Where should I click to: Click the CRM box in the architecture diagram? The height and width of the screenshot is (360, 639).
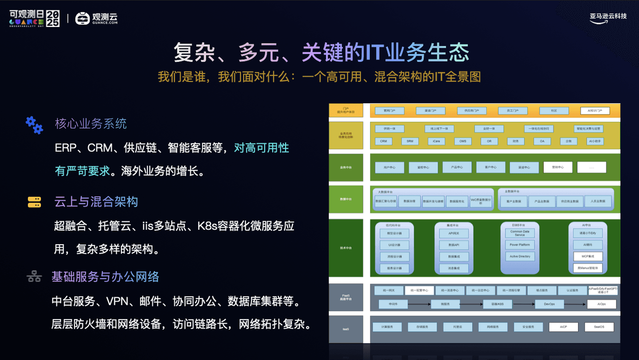pyautogui.click(x=383, y=141)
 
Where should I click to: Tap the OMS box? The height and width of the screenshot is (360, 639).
pyautogui.click(x=463, y=141)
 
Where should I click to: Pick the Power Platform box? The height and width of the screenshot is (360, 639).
pyautogui.click(x=520, y=245)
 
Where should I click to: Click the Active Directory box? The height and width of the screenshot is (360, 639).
pyautogui.click(x=520, y=256)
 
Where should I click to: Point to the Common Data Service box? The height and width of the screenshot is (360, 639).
pyautogui.click(x=520, y=233)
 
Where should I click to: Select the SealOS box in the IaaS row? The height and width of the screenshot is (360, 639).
pyautogui.click(x=599, y=327)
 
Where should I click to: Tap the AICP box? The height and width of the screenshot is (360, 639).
pyautogui.click(x=563, y=327)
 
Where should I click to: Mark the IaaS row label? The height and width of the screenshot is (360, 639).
pyautogui.click(x=345, y=329)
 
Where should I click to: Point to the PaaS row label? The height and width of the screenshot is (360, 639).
pyautogui.click(x=345, y=297)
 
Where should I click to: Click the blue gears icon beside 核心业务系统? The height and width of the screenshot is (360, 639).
pyautogui.click(x=34, y=124)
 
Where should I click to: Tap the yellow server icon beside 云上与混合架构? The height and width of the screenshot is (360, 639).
pyautogui.click(x=34, y=202)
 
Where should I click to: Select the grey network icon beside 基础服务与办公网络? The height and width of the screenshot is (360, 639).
pyautogui.click(x=34, y=276)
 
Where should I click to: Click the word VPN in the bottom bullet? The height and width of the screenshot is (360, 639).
pyautogui.click(x=117, y=302)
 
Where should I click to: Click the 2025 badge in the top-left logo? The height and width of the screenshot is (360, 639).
pyautogui.click(x=52, y=18)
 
